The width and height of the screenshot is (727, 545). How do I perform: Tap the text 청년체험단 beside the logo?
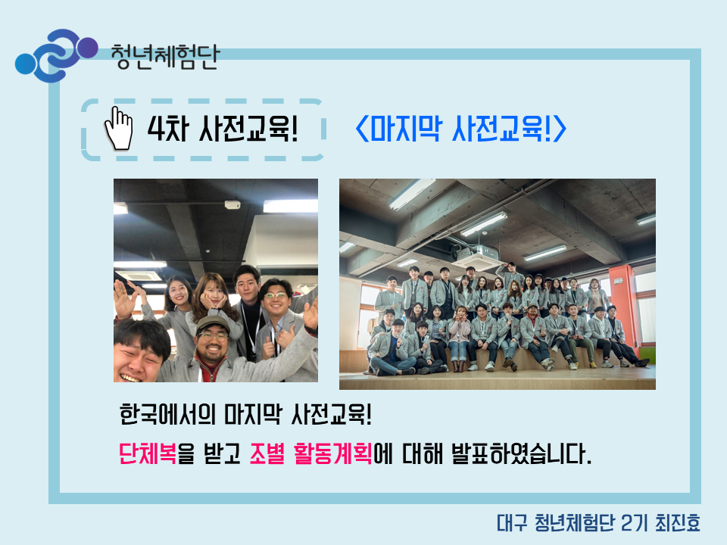pyautogui.click(x=164, y=58)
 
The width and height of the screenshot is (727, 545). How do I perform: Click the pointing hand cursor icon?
pyautogui.click(x=119, y=129)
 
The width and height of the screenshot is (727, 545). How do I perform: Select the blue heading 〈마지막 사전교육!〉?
pyautogui.click(x=460, y=129)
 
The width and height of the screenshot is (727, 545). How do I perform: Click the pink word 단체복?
pyautogui.click(x=148, y=453)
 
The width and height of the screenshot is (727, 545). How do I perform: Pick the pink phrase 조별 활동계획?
pyautogui.click(x=310, y=453)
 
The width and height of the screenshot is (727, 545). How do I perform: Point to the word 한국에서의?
pyautogui.click(x=168, y=414)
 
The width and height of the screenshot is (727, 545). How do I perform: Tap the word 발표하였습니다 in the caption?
pyautogui.click(x=522, y=453)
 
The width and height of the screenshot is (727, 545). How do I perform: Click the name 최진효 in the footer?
pyautogui.click(x=677, y=523)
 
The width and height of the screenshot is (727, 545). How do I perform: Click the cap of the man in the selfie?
pyautogui.click(x=212, y=324)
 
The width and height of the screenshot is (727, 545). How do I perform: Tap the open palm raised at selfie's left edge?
pyautogui.click(x=123, y=300)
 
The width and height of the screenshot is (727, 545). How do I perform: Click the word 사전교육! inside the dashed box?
pyautogui.click(x=248, y=129)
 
